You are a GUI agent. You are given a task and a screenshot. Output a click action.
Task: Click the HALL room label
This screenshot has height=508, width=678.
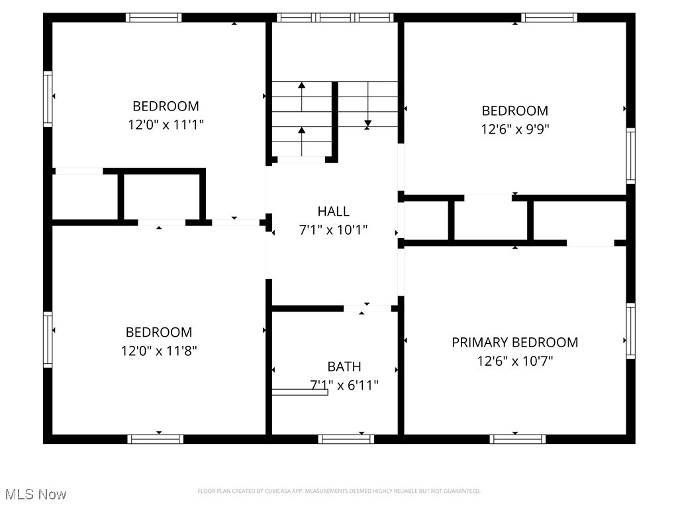[333, 212]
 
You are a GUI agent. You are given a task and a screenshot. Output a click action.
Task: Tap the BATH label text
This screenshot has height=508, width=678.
[344, 366]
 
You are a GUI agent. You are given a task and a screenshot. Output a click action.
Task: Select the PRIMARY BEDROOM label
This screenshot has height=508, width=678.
[514, 343]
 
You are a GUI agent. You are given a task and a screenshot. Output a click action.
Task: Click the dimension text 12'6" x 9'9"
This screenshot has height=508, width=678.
[514, 129]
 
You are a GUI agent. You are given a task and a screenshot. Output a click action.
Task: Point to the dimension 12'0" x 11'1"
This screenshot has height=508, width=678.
[166, 124]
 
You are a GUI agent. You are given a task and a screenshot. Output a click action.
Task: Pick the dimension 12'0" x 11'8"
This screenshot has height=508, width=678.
[159, 351]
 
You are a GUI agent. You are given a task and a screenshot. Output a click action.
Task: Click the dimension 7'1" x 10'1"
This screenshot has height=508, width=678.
[333, 230]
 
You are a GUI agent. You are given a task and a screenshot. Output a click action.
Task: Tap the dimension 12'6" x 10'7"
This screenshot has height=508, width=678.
[514, 361]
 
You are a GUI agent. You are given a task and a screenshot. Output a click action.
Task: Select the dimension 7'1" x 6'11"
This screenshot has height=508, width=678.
[344, 385]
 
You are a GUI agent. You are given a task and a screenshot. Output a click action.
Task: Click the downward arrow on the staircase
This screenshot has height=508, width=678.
[367, 123]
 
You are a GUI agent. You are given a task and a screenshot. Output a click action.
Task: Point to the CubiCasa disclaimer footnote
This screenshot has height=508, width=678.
[339, 491]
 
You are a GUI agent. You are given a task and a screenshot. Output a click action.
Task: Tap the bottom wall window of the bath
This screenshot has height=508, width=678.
[346, 439]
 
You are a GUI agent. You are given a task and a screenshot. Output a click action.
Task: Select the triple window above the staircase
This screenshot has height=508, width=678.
[335, 17]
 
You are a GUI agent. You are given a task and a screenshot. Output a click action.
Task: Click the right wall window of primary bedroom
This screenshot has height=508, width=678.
[630, 331]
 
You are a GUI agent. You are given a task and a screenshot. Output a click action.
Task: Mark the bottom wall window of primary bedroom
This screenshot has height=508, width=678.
[518, 439]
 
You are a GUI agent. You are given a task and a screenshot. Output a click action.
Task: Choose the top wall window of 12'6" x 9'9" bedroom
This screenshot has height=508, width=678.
[549, 17]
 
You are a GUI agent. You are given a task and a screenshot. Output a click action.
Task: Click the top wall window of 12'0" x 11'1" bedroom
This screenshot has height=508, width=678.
[154, 17]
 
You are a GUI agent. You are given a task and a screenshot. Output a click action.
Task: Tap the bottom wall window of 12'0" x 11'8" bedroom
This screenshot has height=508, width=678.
[156, 439]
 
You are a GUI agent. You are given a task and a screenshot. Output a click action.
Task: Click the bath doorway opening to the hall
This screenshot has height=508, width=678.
[367, 308]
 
